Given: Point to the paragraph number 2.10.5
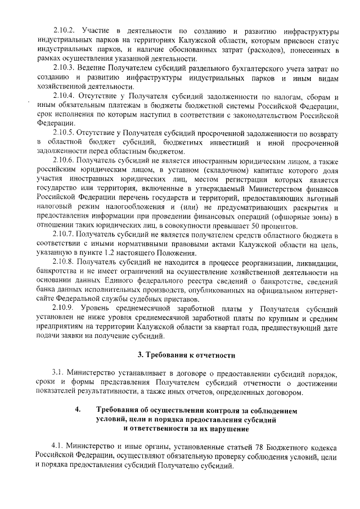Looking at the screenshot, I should [64, 133].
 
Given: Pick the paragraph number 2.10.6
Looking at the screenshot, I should [64, 161].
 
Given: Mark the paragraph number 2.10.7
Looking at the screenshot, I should [64, 233].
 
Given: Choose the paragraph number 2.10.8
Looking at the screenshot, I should [64, 262].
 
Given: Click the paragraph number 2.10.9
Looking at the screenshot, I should [64, 309].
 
